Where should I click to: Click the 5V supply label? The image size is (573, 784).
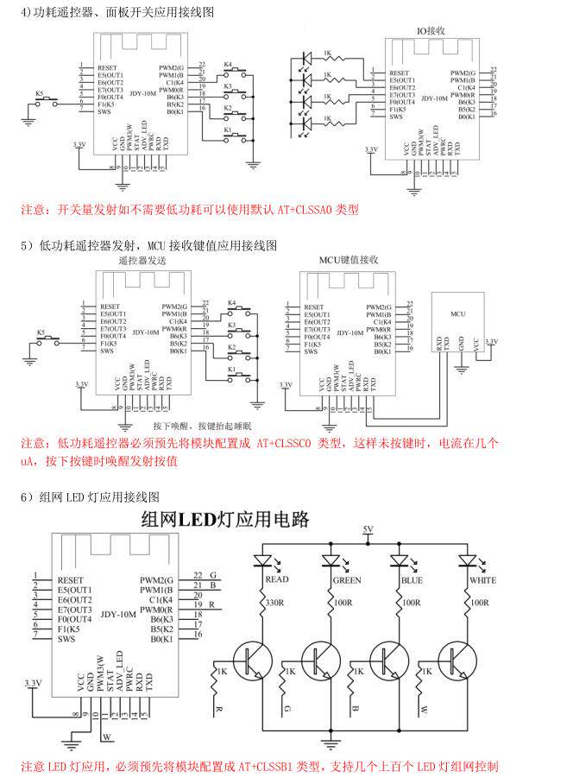tap(368, 528)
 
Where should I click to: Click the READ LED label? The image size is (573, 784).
tap(277, 580)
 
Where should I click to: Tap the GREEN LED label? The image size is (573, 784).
tap(347, 580)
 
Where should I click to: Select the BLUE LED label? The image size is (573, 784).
tap(412, 580)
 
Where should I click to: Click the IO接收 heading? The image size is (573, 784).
tap(431, 30)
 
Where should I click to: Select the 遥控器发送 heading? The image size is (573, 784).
tap(142, 260)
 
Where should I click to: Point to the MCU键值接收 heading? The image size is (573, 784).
tap(348, 259)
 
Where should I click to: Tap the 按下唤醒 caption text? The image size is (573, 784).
tap(171, 427)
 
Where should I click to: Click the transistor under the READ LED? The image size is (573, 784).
tap(256, 659)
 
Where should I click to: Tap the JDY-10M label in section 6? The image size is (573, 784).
tap(118, 615)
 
